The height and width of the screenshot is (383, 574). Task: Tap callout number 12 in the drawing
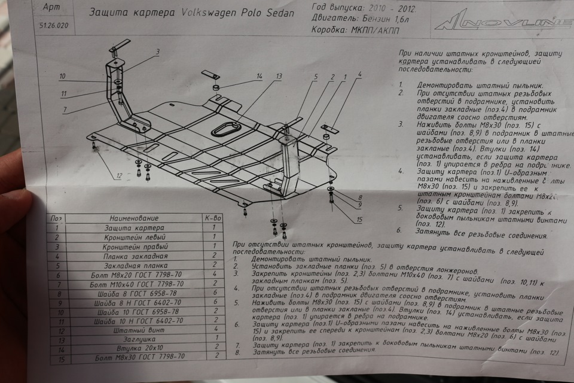119,176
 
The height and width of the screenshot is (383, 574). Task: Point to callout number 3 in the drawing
158,52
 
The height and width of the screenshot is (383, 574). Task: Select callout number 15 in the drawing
359,220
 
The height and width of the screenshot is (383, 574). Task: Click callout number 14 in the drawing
259,77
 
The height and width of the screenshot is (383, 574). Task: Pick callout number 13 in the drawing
279,77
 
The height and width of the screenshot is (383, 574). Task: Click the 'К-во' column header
213,218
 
